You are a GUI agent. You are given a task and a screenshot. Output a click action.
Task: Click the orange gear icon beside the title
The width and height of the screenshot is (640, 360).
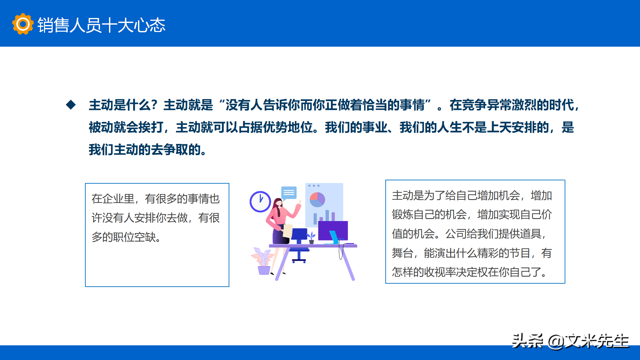[x=23, y=24]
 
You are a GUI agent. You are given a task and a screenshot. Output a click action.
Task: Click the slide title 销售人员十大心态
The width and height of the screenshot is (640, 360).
[x=101, y=25]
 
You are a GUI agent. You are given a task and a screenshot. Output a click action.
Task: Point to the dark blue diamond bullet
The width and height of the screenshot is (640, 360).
[x=71, y=105]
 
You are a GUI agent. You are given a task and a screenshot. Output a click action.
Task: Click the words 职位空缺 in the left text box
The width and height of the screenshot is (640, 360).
[x=134, y=237]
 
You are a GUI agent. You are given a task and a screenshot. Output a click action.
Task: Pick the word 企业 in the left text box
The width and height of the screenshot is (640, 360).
[x=113, y=199]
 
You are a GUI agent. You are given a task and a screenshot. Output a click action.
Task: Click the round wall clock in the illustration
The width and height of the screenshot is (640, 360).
[x=260, y=202]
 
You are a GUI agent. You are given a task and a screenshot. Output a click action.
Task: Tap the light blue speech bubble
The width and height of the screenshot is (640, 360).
[x=289, y=193]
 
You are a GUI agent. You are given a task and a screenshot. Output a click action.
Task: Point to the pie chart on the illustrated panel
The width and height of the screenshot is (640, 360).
[x=317, y=200]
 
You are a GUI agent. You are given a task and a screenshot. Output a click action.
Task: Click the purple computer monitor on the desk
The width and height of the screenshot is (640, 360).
[x=333, y=230]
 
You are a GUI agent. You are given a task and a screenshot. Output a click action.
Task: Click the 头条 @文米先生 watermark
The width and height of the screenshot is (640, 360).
[x=570, y=341]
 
